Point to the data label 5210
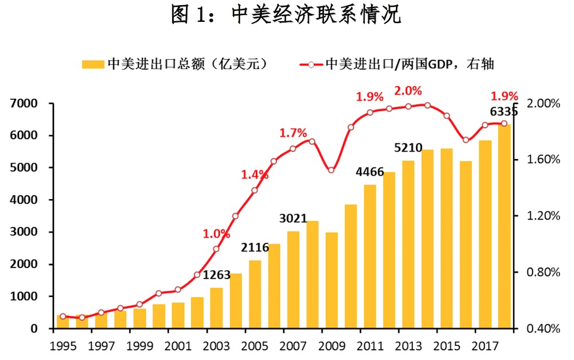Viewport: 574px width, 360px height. [408, 148]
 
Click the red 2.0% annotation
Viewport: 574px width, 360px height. [408, 91]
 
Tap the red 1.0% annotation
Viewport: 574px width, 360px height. [216, 234]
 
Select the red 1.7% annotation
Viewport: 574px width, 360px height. [293, 133]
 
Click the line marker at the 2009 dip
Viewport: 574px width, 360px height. [331, 170]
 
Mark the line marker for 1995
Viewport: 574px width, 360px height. [63, 316]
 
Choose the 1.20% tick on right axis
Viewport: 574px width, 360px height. [543, 216]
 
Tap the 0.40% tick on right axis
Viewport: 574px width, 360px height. [543, 328]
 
